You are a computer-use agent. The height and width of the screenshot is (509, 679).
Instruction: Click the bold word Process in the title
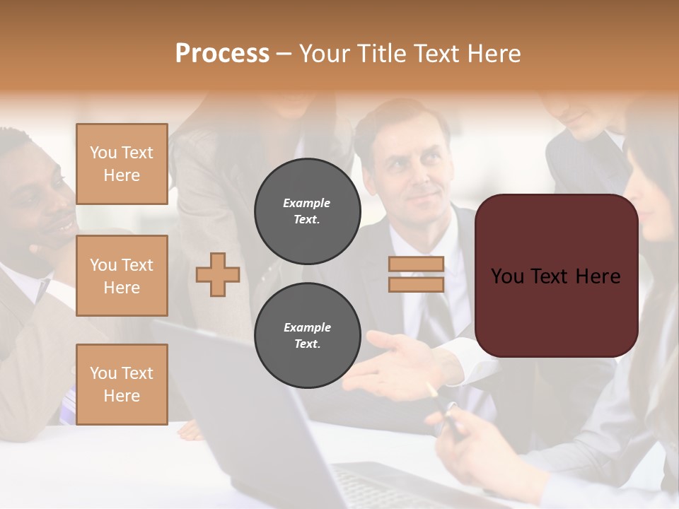pyautogui.click(x=222, y=53)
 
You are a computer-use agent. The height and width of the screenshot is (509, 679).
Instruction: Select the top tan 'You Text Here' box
pyautogui.click(x=122, y=164)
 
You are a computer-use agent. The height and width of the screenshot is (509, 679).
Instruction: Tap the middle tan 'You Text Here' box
pyautogui.click(x=122, y=276)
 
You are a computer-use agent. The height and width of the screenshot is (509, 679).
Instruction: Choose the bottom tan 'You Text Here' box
pyautogui.click(x=122, y=385)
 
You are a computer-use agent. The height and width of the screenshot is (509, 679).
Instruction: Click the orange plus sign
pyautogui.click(x=217, y=274)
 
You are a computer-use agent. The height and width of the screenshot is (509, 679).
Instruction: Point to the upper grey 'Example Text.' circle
pyautogui.click(x=307, y=211)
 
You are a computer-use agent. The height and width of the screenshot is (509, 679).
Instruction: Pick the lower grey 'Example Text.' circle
pyautogui.click(x=307, y=336)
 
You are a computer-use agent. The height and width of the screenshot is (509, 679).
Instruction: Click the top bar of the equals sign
pyautogui.click(x=416, y=264)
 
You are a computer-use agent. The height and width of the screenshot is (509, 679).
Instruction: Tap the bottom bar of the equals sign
pyautogui.click(x=416, y=284)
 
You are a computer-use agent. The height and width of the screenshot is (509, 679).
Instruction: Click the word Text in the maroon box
pyautogui.click(x=556, y=276)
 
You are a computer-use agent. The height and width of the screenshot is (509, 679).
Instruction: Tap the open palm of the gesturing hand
pyautogui.click(x=396, y=353)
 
